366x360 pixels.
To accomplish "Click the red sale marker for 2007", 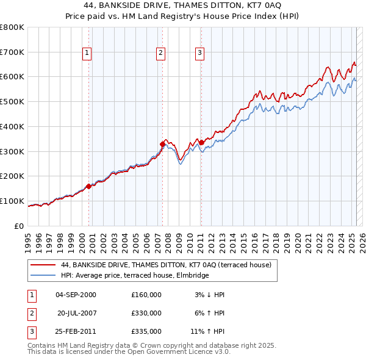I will click(x=163, y=144).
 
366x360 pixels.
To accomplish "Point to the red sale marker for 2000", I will click(x=89, y=186).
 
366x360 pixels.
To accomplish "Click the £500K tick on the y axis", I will click(x=13, y=102).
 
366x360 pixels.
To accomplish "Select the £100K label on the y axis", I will click(x=13, y=201).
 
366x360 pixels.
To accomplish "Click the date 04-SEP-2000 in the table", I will click(x=76, y=295).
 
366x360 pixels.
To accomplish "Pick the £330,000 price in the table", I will click(x=146, y=313).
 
